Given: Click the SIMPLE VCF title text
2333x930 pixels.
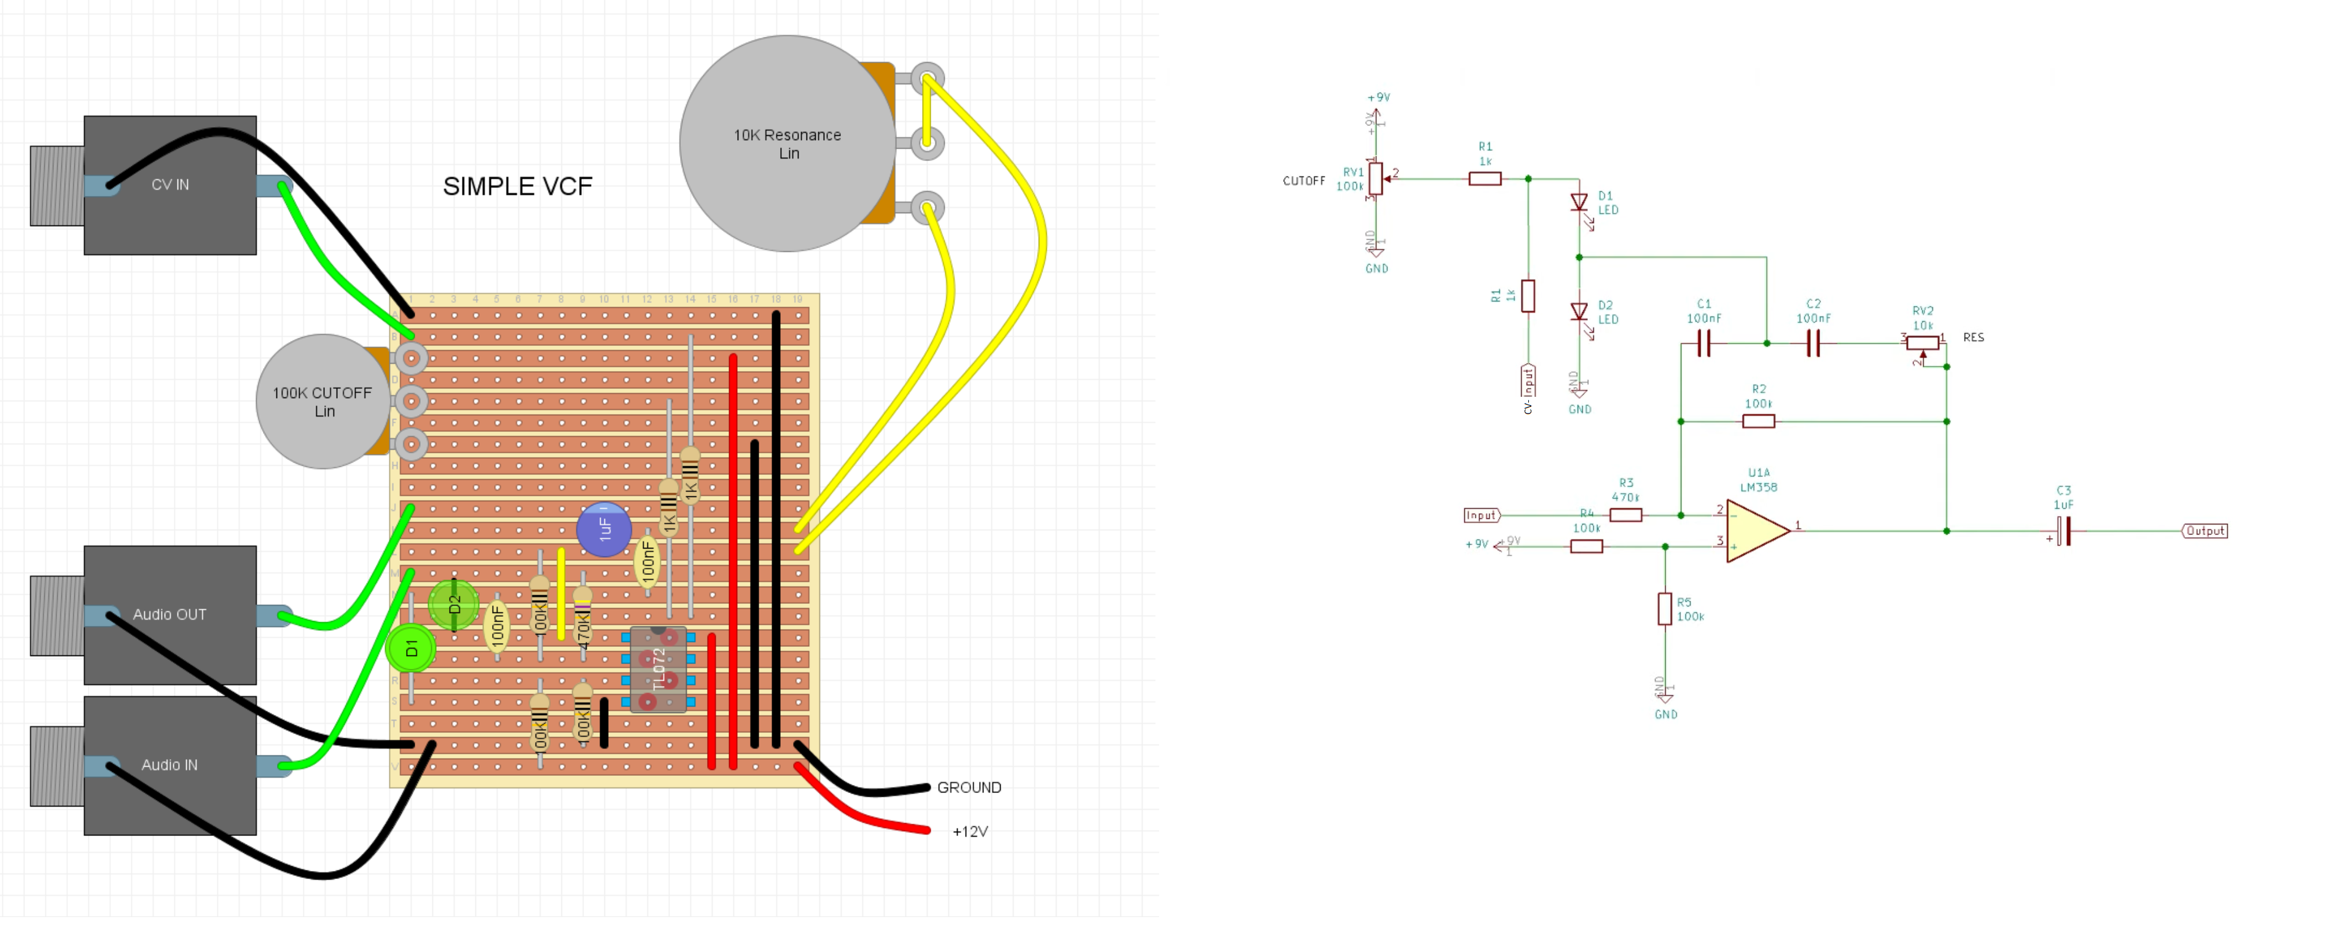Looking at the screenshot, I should [x=517, y=187].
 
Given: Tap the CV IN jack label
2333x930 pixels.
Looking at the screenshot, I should [x=170, y=185].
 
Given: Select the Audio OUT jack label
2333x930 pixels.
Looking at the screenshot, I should [x=170, y=615].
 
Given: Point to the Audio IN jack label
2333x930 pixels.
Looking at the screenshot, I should [x=170, y=765].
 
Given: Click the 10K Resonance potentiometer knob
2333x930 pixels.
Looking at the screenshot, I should [x=787, y=143].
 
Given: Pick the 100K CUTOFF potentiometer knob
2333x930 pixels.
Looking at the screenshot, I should [x=323, y=401].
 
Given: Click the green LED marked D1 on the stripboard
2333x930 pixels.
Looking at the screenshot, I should [x=411, y=649].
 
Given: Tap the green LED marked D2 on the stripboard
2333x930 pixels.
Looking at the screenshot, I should [x=454, y=604].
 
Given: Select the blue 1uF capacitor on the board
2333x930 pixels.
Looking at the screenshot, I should [x=604, y=529].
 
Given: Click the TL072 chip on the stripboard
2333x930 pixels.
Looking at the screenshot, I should [x=658, y=670].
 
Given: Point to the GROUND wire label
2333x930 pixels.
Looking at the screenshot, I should [x=969, y=788].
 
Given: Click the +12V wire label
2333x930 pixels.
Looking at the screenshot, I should [x=970, y=831].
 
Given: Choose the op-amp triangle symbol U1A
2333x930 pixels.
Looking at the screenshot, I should [x=1756, y=531].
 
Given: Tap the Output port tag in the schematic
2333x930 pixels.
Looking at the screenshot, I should [x=2205, y=531].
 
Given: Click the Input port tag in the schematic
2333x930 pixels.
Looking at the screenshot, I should [x=1482, y=515].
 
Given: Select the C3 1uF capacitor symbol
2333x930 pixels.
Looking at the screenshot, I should [x=2063, y=531].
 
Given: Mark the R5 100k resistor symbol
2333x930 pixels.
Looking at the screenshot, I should [x=1665, y=609].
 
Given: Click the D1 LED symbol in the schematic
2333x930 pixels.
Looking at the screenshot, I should [x=1579, y=203].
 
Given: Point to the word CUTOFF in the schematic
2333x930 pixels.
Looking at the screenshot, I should [x=1303, y=181].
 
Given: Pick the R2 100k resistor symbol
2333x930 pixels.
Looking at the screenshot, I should [x=1758, y=421].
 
